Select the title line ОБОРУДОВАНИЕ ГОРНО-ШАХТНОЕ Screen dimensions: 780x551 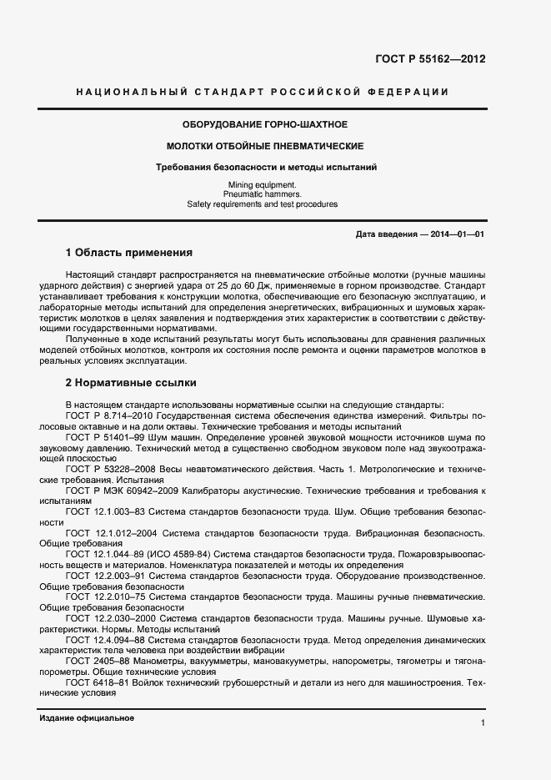tap(264, 124)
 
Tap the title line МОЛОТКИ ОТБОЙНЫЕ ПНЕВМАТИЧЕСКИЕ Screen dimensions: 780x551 tap(265, 146)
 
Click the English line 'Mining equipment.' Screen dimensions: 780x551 tap(262, 184)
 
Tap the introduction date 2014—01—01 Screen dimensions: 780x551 tap(457, 234)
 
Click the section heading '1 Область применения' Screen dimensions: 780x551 tap(129, 252)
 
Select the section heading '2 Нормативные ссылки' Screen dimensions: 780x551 tap(131, 383)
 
